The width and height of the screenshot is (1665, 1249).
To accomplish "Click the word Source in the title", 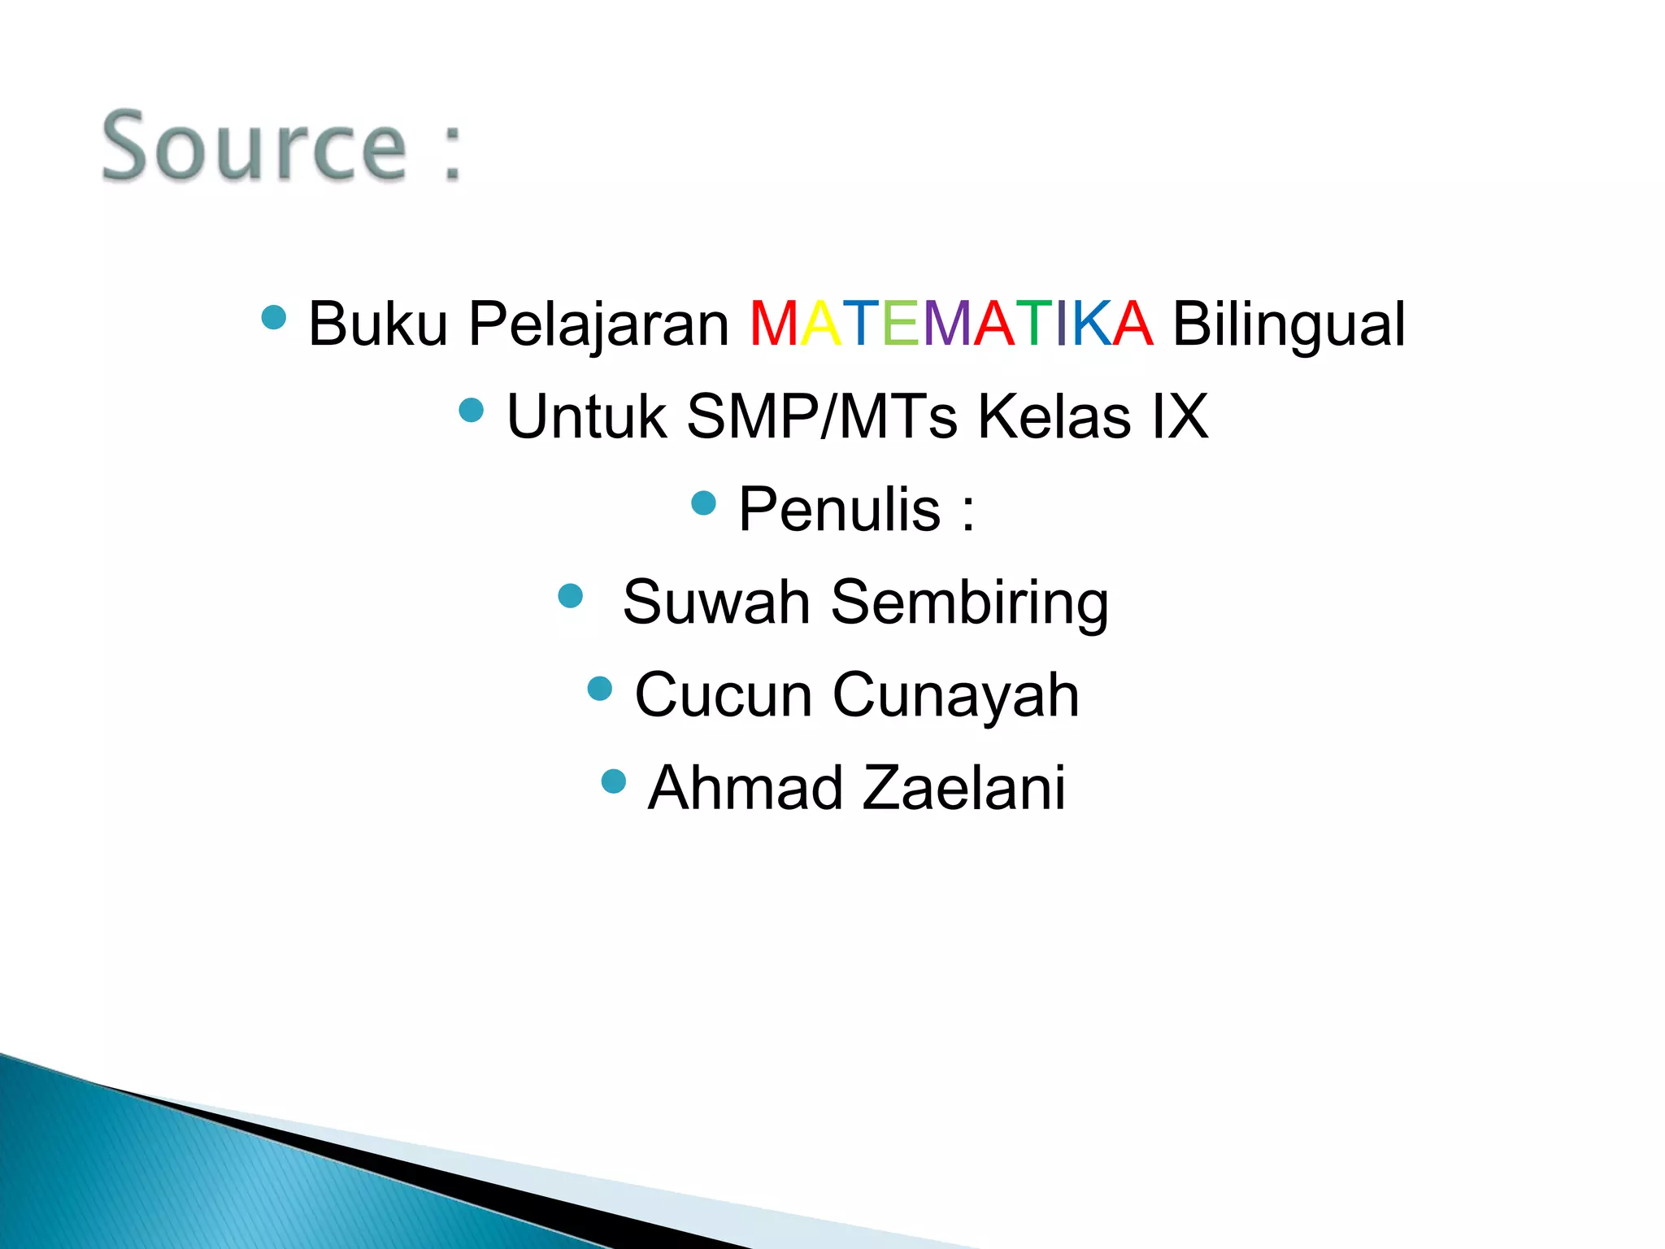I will point(254,146).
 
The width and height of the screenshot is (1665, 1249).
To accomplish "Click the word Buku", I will point(378,324).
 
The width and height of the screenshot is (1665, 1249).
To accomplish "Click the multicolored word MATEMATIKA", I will point(950,324).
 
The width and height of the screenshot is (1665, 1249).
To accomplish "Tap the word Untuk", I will point(586,416).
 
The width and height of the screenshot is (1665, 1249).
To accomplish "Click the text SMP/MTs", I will point(822,416).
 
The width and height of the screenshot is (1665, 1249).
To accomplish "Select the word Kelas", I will point(1054,416).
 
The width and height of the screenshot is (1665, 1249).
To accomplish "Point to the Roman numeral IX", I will point(1180,416).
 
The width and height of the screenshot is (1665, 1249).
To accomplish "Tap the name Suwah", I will point(716,602).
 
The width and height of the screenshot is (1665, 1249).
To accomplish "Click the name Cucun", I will point(723,695).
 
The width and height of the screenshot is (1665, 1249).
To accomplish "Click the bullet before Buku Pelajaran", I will point(275,317).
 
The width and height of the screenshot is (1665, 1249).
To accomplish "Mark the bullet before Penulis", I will point(703,503).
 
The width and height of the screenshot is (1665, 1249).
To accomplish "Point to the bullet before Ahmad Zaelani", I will point(614,781).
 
